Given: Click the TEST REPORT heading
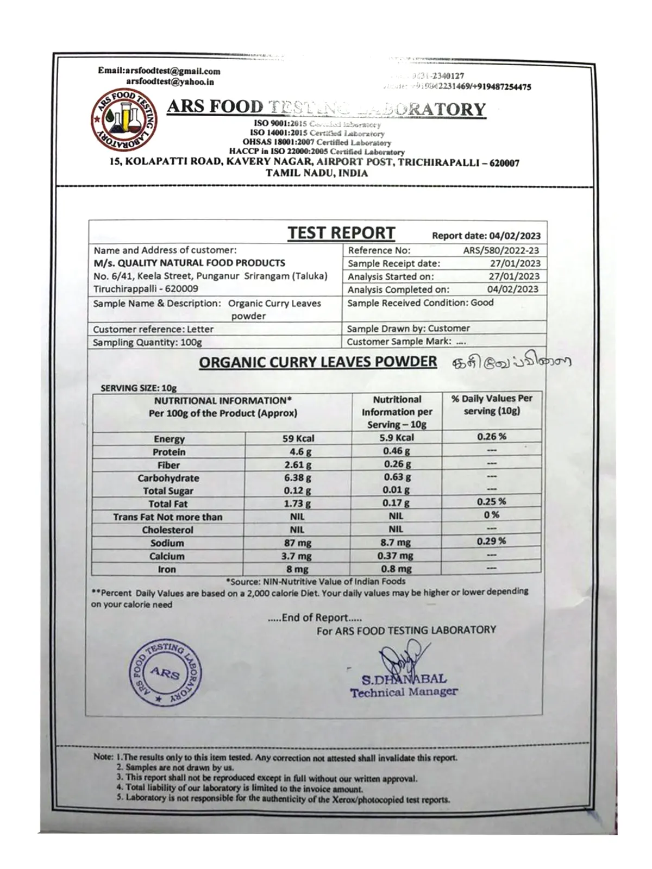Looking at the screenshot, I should pos(341,232).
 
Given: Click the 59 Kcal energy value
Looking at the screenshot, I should pos(298,438).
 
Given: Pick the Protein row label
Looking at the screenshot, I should pos(169,452).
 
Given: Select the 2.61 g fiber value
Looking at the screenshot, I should pos(298,465).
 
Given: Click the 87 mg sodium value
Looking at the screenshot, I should pos(297,543).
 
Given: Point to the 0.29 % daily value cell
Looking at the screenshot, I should pos(491,541).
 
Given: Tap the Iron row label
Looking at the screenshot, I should pos(167,569).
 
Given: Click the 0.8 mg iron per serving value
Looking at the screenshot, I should pos(396,569).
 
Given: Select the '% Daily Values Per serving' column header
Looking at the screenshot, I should pos(491,405).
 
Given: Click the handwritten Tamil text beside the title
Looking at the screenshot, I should pos(511,362).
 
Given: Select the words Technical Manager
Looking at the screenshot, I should pos(404,692).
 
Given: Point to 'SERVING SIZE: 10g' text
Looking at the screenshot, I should pos(139,388).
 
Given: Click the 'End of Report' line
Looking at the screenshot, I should pos(315,618).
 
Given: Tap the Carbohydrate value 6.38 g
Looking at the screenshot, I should pos(298,478).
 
